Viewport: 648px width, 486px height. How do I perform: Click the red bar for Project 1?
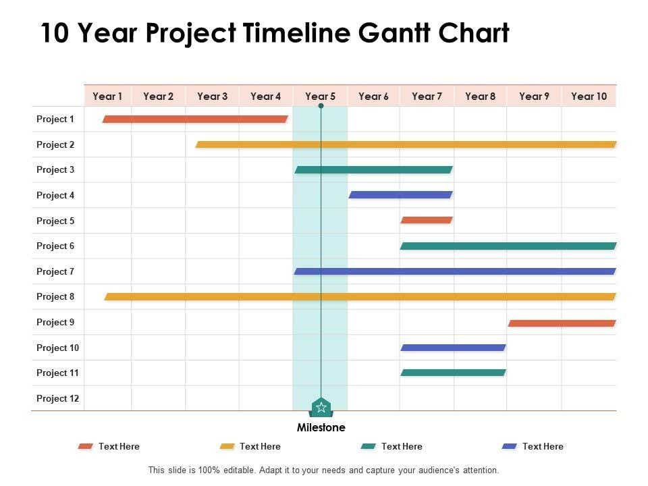195,119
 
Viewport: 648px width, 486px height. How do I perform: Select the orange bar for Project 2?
406,144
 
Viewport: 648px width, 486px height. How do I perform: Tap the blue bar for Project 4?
400,194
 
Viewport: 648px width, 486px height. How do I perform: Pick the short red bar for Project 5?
427,220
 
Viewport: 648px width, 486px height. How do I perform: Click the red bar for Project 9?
562,323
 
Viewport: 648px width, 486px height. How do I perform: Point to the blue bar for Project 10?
453,348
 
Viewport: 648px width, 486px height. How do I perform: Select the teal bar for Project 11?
453,373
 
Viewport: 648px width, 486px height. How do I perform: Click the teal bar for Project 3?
373,169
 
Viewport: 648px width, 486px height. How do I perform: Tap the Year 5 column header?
320,97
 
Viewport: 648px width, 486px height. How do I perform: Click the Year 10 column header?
589,97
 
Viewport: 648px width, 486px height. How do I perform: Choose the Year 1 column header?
107,97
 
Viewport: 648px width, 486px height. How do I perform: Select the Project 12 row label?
57,398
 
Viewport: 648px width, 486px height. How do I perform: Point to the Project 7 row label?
55,271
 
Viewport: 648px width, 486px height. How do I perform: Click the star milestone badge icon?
321,407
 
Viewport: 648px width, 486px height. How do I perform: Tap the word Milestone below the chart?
321,427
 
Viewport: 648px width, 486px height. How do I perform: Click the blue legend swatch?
509,446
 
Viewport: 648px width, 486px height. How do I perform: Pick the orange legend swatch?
227,446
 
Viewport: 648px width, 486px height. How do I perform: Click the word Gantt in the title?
395,33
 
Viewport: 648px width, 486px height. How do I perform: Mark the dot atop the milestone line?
321,106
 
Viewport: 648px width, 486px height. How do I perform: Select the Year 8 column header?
480,97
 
